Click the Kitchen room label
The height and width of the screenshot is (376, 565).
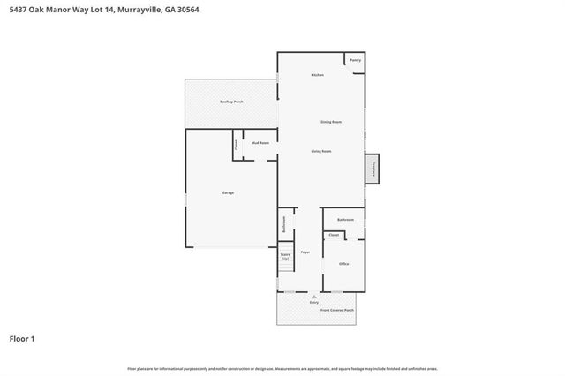tap(318, 75)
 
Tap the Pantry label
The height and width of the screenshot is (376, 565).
tap(355, 60)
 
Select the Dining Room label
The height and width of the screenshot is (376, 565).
tap(331, 121)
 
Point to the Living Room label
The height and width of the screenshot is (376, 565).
tap(321, 151)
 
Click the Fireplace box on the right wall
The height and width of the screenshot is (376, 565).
tap(374, 168)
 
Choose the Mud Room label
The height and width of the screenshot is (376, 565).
tap(260, 142)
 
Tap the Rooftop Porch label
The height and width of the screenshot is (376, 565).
tap(231, 102)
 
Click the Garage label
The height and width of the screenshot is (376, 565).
tap(228, 192)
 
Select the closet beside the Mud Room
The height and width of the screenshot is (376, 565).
tap(237, 145)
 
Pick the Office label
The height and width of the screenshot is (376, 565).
tap(344, 264)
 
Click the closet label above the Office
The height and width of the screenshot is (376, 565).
tap(334, 236)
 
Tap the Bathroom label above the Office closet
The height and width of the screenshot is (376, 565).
tap(345, 219)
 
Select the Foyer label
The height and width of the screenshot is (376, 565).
tap(305, 253)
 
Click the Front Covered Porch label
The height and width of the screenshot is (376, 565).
tap(337, 311)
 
